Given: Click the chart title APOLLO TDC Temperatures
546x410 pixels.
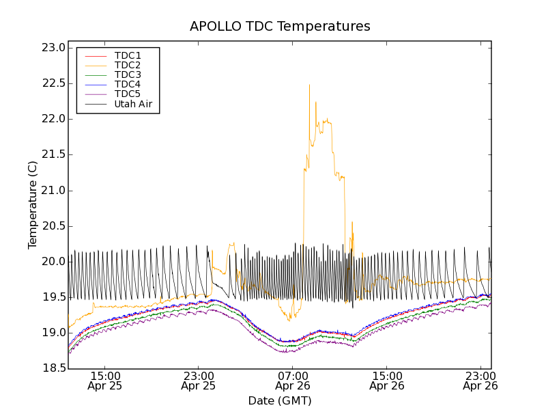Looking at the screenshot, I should tap(280, 27).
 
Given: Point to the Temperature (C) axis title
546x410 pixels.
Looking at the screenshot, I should tap(33, 204).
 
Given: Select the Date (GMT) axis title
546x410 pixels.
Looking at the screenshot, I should tap(280, 400).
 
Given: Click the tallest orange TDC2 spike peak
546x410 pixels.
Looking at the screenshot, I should tap(309, 85).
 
